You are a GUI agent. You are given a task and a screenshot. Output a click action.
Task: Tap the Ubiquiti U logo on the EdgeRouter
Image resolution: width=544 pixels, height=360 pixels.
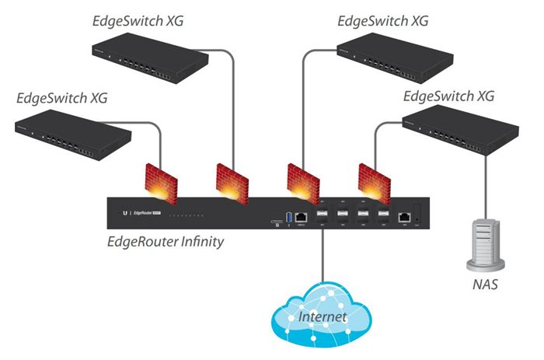coord(123,212)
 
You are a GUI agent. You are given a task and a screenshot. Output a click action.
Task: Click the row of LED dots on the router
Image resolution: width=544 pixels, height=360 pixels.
coord(186,213)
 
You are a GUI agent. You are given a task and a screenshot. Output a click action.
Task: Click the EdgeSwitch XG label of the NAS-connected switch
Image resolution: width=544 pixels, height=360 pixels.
coord(449,97)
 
